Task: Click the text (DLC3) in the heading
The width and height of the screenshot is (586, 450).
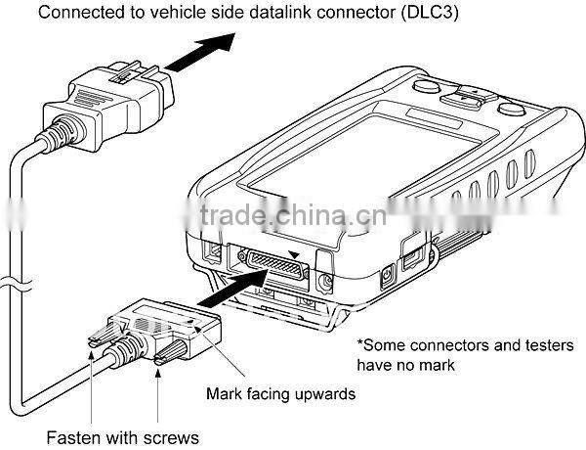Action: tap(430, 13)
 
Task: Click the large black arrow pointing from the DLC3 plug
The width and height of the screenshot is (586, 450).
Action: tap(200, 52)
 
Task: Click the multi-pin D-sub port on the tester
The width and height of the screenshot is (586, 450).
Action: tap(277, 264)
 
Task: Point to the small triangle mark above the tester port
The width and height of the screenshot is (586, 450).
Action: tap(295, 255)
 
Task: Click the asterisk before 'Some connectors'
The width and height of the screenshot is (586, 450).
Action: tap(359, 342)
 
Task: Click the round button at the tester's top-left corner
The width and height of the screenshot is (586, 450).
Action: tap(426, 86)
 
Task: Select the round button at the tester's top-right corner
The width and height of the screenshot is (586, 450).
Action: tap(511, 109)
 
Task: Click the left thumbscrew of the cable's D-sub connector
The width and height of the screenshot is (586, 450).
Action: tap(106, 335)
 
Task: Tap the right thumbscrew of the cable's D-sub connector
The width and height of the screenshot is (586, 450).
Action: tap(171, 352)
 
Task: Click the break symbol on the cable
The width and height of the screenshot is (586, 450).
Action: tap(16, 284)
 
